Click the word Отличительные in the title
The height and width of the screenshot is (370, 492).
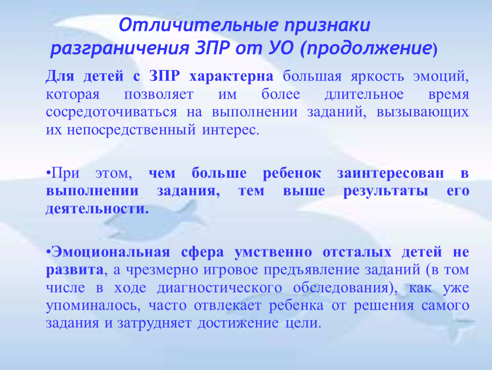[199, 25]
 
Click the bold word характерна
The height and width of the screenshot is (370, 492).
[231, 76]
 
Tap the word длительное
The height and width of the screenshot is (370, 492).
[364, 94]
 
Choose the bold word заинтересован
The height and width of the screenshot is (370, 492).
[391, 173]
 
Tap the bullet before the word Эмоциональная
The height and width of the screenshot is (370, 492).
[48, 252]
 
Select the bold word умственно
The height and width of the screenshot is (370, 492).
[273, 252]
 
